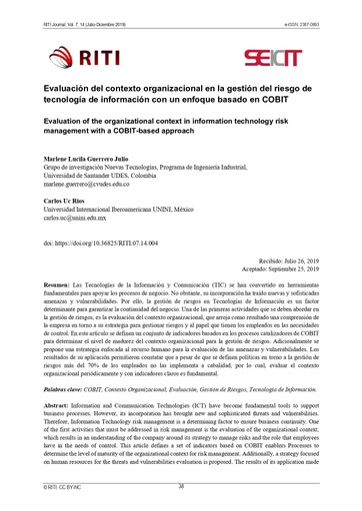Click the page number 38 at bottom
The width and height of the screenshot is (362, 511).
181,486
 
